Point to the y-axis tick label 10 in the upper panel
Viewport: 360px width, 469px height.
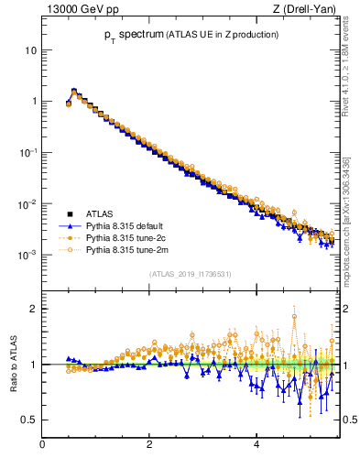point(30,49)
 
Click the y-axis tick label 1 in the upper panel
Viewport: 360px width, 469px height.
point(33,101)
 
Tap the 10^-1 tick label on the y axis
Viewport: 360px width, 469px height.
point(28,151)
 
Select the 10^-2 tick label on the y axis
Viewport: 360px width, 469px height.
point(28,202)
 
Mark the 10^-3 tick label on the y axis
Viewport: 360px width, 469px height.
point(28,254)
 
